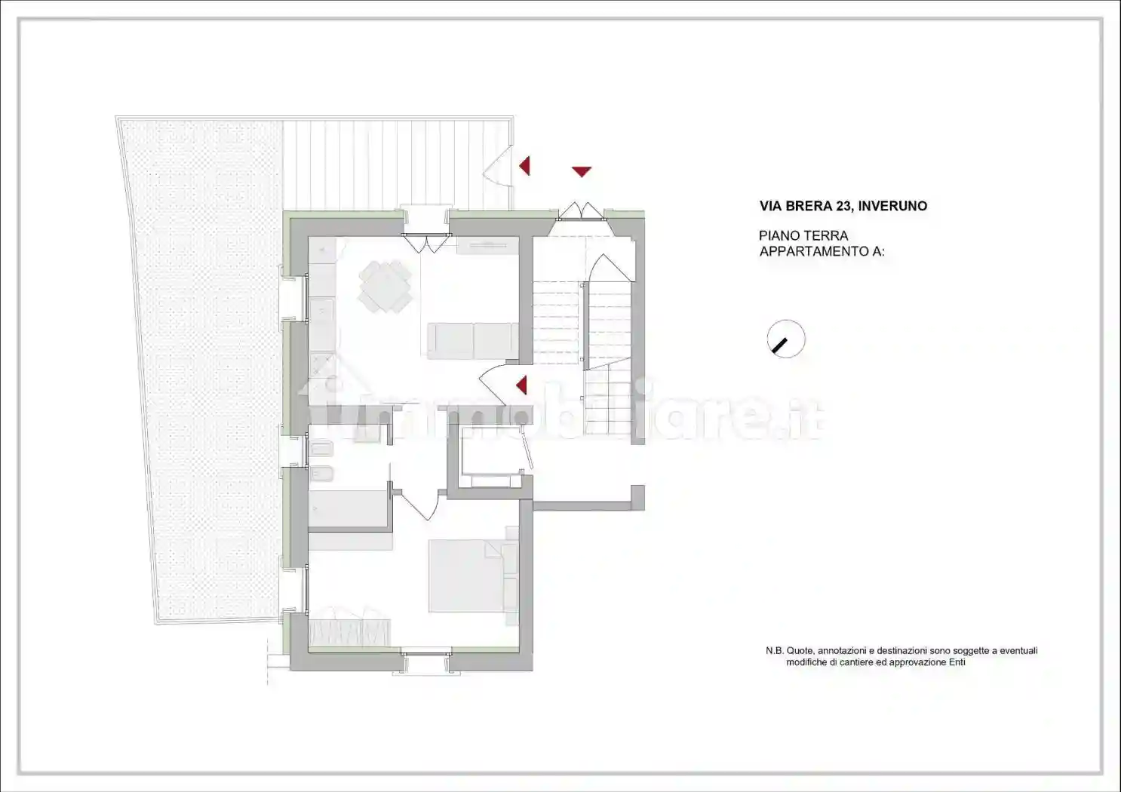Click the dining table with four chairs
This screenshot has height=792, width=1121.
(x=385, y=286)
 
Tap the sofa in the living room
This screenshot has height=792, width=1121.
(x=473, y=340)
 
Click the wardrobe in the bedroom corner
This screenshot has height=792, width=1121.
(x=349, y=633)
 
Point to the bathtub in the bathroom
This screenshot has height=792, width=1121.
(x=348, y=509)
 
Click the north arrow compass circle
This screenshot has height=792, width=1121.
(x=786, y=339)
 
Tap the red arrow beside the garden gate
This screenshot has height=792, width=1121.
(x=524, y=165)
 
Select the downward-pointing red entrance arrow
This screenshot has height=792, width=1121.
(x=581, y=171)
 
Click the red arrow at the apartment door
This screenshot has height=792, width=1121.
(x=521, y=385)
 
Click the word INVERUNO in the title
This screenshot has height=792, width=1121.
(x=892, y=206)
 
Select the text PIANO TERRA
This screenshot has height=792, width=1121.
(x=803, y=236)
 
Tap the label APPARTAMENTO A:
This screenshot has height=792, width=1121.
(x=822, y=252)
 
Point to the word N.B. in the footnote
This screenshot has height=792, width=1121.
(x=774, y=651)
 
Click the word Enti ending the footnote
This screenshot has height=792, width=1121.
(x=957, y=662)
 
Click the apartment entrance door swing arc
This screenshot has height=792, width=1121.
(x=495, y=382)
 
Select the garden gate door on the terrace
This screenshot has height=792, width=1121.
(x=496, y=167)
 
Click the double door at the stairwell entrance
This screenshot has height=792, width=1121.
(x=581, y=210)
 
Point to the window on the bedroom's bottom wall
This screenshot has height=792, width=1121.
(x=426, y=660)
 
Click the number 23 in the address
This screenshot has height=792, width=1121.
(x=844, y=206)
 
